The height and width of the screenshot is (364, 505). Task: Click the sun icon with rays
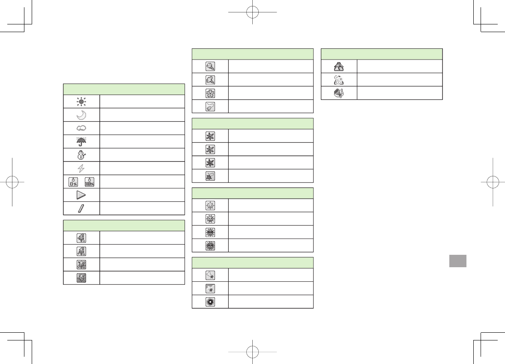81,101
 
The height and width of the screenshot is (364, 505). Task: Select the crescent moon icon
81,115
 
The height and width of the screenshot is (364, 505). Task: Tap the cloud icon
81,128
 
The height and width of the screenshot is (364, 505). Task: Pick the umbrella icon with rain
81,141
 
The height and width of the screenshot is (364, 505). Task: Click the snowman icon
81,155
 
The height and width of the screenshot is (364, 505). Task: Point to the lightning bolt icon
81,168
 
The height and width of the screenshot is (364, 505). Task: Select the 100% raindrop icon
89,182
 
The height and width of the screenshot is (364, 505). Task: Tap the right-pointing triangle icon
81,195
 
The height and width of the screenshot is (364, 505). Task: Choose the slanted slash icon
81,208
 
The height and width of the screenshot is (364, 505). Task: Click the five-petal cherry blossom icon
210,93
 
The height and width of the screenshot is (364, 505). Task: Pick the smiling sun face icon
210,205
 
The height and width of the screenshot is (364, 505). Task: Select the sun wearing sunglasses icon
210,232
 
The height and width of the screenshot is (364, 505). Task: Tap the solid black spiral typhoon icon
210,301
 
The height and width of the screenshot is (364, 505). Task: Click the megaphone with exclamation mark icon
339,93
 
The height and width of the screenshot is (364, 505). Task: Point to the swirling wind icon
339,80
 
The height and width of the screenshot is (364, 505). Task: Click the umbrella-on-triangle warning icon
339,66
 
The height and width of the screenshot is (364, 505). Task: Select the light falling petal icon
210,106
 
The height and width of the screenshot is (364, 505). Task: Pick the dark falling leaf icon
210,176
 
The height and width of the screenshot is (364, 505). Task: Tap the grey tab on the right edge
458,261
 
